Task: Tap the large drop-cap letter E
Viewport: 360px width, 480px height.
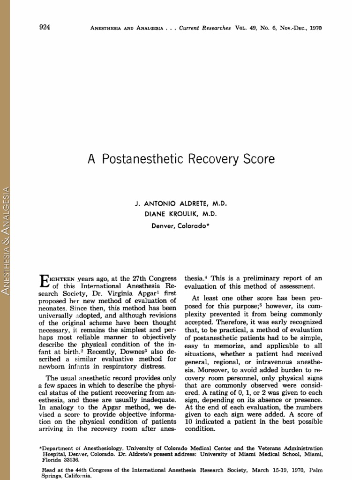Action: pos(41,281)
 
